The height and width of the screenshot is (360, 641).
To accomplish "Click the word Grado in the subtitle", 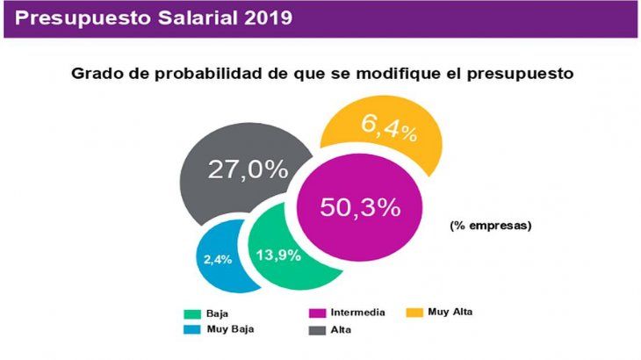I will point(97,75).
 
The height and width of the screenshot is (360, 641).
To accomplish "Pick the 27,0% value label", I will point(247,169).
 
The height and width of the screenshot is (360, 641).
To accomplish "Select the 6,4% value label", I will point(388,129).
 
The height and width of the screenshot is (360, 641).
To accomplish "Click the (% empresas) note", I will point(491,226).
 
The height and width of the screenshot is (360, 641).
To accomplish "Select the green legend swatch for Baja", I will point(194,313).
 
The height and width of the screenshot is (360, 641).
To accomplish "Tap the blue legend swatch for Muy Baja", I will point(194,329).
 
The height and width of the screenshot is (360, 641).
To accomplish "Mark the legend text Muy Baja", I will point(231,329).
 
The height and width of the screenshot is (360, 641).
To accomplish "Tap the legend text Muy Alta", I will point(450,312).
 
